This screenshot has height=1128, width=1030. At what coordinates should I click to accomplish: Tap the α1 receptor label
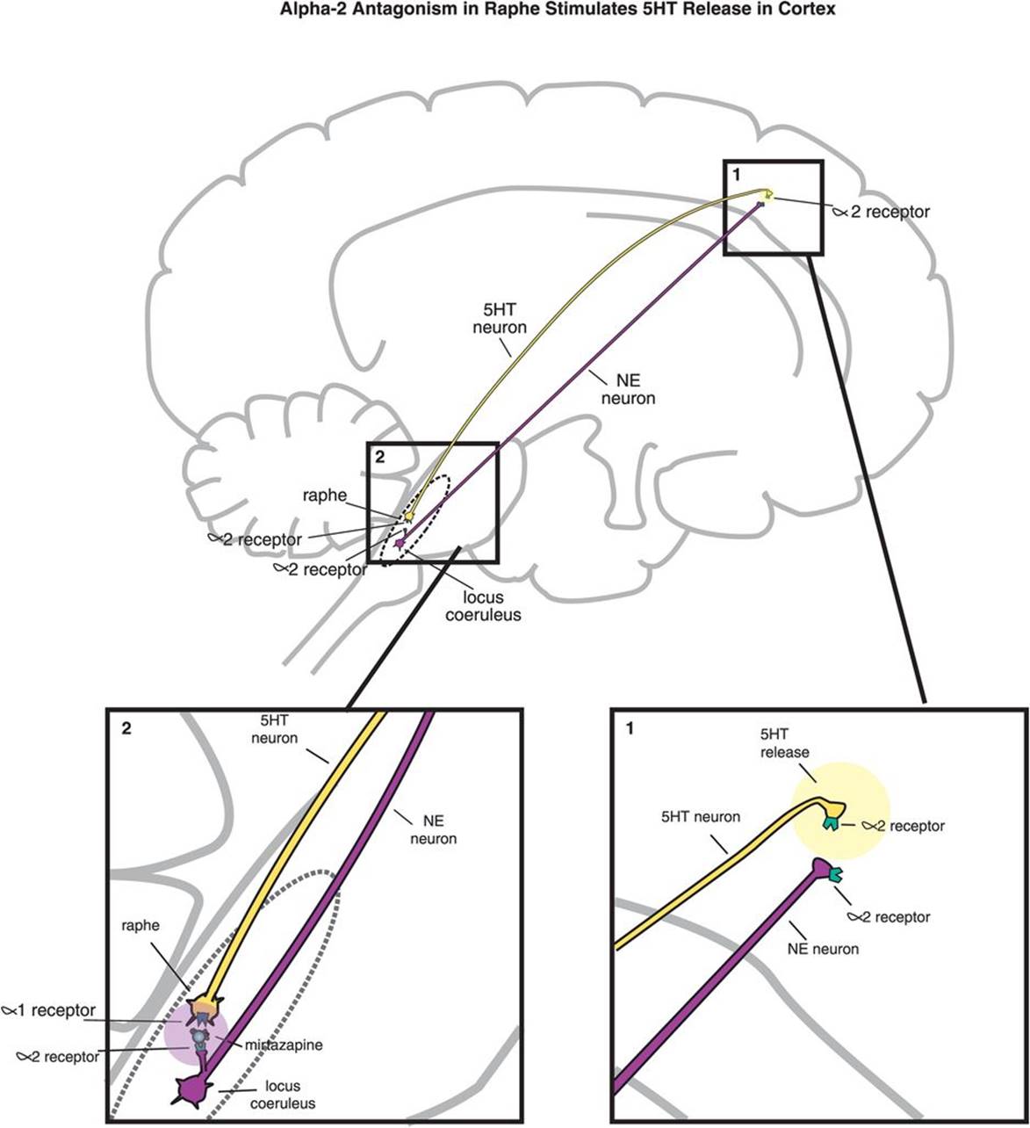pyautogui.click(x=51, y=1010)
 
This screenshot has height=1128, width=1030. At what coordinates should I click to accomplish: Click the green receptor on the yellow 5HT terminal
pyautogui.click(x=829, y=822)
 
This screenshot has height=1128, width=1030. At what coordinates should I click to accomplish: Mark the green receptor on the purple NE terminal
pyautogui.click(x=832, y=874)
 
